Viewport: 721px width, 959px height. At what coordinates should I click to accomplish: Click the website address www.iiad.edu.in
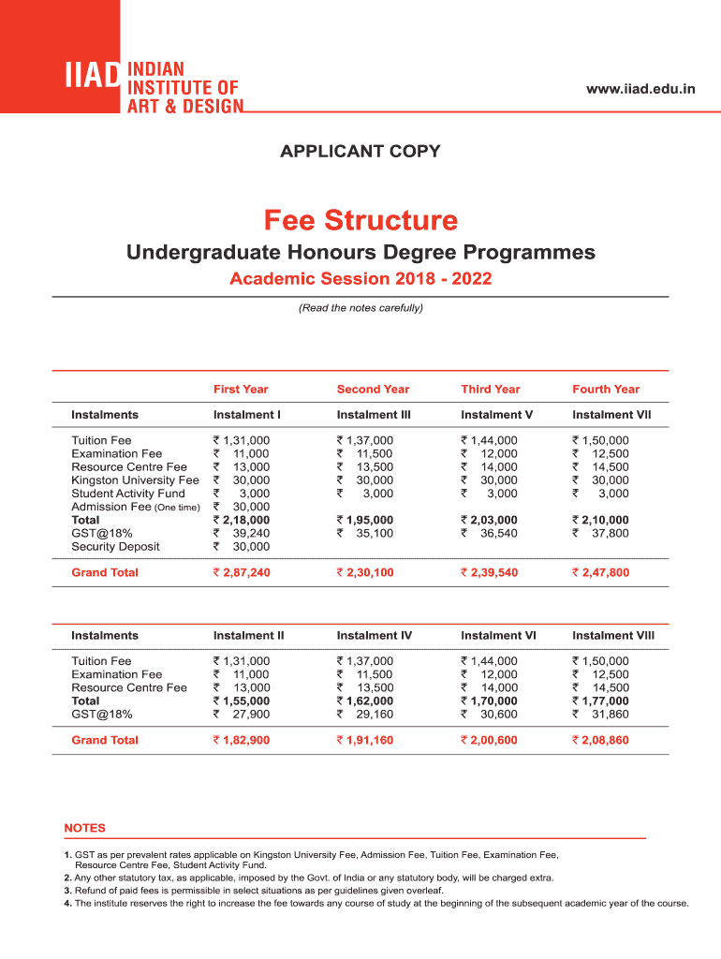click(640, 89)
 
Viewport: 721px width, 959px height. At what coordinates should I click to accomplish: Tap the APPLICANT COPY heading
click(360, 151)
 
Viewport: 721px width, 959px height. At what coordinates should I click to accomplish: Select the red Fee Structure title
click(360, 221)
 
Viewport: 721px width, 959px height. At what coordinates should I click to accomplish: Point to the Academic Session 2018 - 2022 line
click(360, 279)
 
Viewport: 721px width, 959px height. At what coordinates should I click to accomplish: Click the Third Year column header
click(490, 390)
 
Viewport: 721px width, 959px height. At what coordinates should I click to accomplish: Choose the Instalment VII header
click(611, 415)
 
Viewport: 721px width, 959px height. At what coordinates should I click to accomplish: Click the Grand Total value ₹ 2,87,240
click(242, 572)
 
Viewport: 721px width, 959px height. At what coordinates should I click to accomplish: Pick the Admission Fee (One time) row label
click(135, 507)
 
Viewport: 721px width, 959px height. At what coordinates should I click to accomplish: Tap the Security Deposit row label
click(115, 547)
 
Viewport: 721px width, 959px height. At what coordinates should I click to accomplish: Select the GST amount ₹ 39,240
click(242, 533)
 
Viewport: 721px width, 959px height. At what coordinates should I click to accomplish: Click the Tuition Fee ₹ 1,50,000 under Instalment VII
click(600, 440)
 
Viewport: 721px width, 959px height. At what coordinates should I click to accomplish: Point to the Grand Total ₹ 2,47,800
click(600, 572)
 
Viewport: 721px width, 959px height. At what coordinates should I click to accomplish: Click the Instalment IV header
click(374, 636)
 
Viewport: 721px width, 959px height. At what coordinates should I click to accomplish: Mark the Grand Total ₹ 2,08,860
click(600, 740)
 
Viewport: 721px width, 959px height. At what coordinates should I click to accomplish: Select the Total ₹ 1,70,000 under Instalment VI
click(489, 701)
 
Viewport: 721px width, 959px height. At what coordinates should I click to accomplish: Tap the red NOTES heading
click(84, 828)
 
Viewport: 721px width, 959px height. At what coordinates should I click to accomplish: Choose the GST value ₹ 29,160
click(365, 714)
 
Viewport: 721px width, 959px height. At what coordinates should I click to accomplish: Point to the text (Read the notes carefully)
click(360, 307)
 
